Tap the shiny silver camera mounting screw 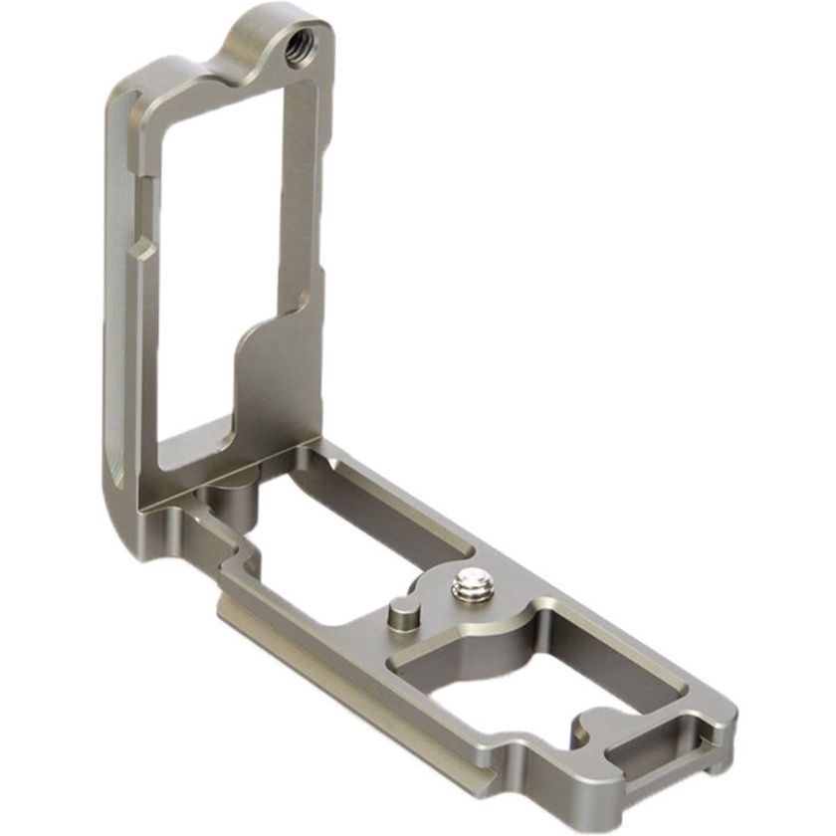[470, 586]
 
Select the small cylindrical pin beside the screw [401, 615]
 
